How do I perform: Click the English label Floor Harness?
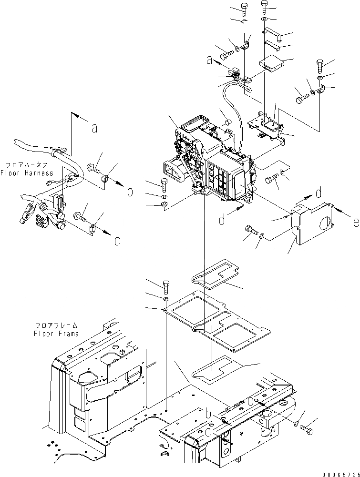pyautogui.click(x=27, y=173)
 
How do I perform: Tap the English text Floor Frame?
pyautogui.click(x=56, y=334)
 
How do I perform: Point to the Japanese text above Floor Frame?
pyautogui.click(x=56, y=325)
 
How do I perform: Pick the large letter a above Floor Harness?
pyautogui.click(x=95, y=127)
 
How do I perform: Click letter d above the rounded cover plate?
pyautogui.click(x=319, y=193)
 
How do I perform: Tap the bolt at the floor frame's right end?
pyautogui.click(x=308, y=430)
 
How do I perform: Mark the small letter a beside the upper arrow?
pyautogui.click(x=209, y=60)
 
